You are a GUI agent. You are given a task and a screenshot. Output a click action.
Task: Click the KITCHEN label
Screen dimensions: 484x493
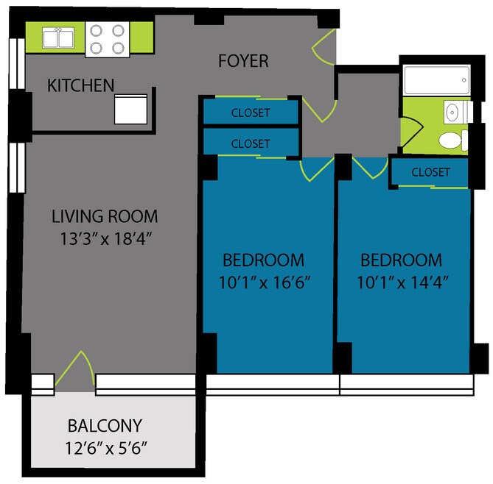click(80, 85)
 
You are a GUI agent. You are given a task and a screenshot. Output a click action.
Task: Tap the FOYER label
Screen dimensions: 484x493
click(243, 60)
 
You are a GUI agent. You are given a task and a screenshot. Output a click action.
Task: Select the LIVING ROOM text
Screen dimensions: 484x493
click(105, 216)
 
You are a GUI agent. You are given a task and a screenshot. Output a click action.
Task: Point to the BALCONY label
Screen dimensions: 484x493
click(105, 425)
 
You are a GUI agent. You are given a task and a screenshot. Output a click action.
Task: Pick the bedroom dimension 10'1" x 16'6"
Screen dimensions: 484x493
click(264, 281)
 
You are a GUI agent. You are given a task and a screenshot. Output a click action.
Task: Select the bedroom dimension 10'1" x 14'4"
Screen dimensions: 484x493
click(401, 281)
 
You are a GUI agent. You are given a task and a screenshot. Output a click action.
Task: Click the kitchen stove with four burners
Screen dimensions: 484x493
click(108, 39)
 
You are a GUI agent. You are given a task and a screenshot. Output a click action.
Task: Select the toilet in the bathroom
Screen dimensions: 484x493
click(451, 140)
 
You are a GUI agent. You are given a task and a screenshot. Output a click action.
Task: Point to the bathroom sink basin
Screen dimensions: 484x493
click(455, 112)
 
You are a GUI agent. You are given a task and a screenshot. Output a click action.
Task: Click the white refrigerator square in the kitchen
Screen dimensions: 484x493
click(130, 109)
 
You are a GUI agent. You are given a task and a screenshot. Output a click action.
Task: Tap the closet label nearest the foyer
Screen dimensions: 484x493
click(251, 113)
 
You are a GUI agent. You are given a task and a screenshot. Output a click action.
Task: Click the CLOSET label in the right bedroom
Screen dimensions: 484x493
click(430, 172)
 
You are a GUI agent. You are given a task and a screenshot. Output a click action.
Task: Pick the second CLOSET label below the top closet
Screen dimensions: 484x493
click(251, 144)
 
